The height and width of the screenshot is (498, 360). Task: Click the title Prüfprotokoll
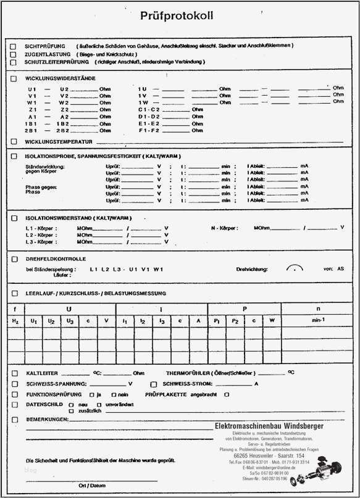pyautogui.click(x=177, y=15)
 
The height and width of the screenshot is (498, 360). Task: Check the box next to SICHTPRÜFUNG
pyautogui.click(x=14, y=46)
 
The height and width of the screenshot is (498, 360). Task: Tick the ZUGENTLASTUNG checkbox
pyautogui.click(x=14, y=54)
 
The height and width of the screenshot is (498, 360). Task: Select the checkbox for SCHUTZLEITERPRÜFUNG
pyautogui.click(x=14, y=62)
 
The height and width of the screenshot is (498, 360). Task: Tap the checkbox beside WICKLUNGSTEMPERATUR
pyautogui.click(x=14, y=141)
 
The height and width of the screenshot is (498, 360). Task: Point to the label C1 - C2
pyautogui.click(x=149, y=109)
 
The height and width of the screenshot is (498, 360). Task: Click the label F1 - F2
pyautogui.click(x=149, y=131)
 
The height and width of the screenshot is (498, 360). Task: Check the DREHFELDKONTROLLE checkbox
pyautogui.click(x=14, y=259)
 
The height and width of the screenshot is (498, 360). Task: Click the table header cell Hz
pyautogui.click(x=16, y=321)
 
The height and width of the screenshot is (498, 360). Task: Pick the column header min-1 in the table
pyautogui.click(x=318, y=321)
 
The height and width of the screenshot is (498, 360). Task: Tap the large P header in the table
pyautogui.click(x=244, y=308)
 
